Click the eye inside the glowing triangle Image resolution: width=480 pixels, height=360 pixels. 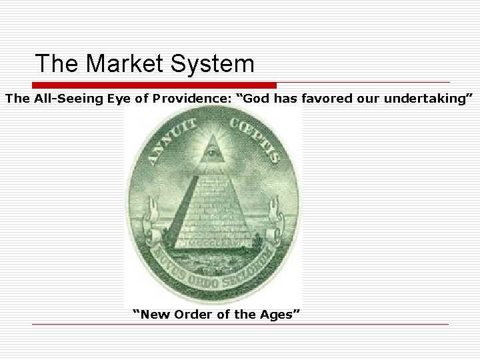coord(213,154)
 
